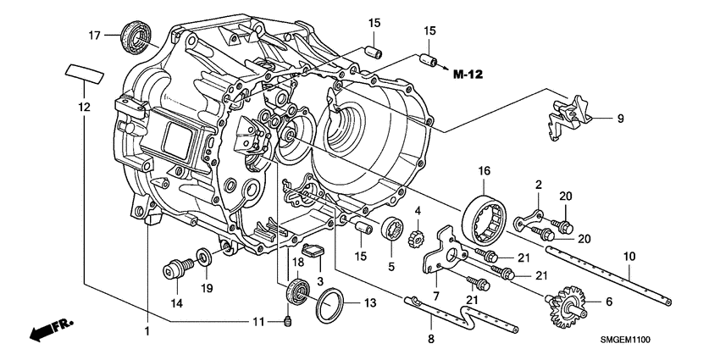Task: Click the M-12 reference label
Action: pos(469,75)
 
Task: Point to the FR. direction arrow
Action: pos(49,330)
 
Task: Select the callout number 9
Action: pos(620,118)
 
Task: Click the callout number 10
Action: pos(629,255)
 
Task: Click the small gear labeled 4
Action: pos(416,230)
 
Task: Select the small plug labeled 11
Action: pos(289,320)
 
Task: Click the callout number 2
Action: pos(537,184)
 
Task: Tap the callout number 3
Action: pos(321,280)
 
